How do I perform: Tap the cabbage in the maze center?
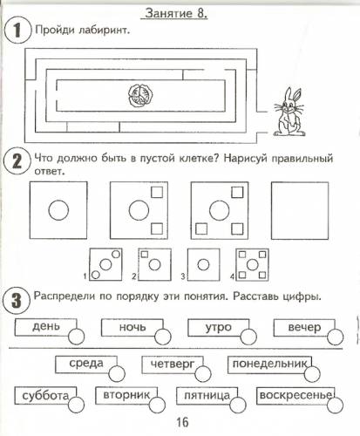pos(140,95)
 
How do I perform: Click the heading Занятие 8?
pos(174,13)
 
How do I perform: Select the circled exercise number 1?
pos(17,30)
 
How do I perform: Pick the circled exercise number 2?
pos(17,160)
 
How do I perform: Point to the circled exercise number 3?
pos(17,300)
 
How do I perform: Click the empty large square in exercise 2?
pos(300,210)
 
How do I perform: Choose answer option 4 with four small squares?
pos(252,264)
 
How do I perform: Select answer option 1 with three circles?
pos(105,264)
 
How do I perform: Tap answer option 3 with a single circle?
pos(203,264)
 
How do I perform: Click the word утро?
pos(219,327)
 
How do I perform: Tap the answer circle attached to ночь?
pos(163,337)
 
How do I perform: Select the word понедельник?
pos(269,364)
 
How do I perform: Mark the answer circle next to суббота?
pos(77,405)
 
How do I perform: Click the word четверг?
pos(173,364)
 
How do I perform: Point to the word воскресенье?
pos(295,395)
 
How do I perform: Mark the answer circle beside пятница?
pos(238,405)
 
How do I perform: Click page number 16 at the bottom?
pos(182,422)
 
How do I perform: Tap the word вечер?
pos(304,327)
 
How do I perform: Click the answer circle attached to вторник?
pos(157,404)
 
